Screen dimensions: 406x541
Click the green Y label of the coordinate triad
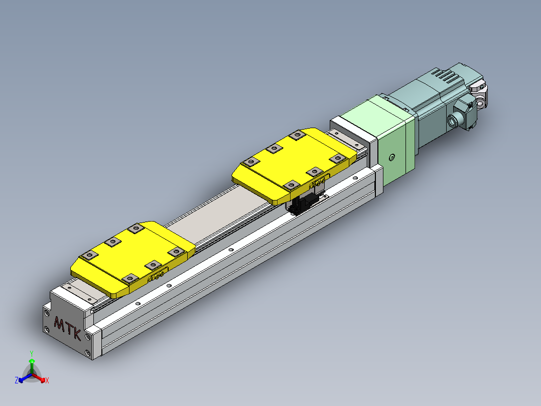pos(31,353)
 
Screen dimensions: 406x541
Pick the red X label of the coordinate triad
pos(47,381)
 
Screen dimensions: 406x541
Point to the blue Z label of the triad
pos(17,381)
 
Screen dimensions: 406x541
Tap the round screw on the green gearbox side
pos(392,158)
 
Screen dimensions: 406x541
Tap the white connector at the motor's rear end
pos(479,95)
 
